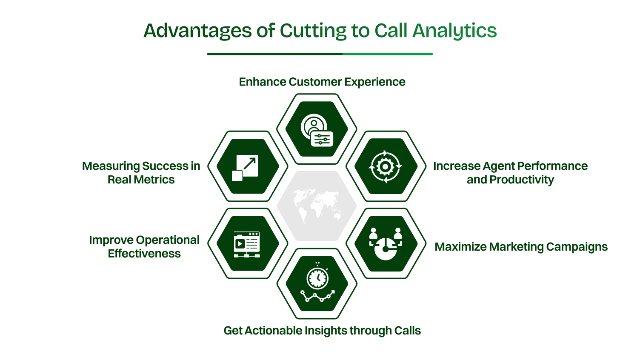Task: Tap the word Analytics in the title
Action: point(454,31)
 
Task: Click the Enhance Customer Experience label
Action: point(322,82)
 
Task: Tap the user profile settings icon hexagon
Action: point(317,129)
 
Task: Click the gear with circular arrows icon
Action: point(385,166)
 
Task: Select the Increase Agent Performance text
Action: point(510,166)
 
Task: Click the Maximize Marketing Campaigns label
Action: point(521,247)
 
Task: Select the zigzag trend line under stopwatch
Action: point(317,296)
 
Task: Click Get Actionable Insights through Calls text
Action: point(322,331)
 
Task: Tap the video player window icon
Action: point(247,244)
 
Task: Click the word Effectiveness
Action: point(144,254)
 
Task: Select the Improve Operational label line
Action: point(144,240)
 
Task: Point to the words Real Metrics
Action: point(141,180)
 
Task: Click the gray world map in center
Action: point(317,206)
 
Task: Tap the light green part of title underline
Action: point(387,54)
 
